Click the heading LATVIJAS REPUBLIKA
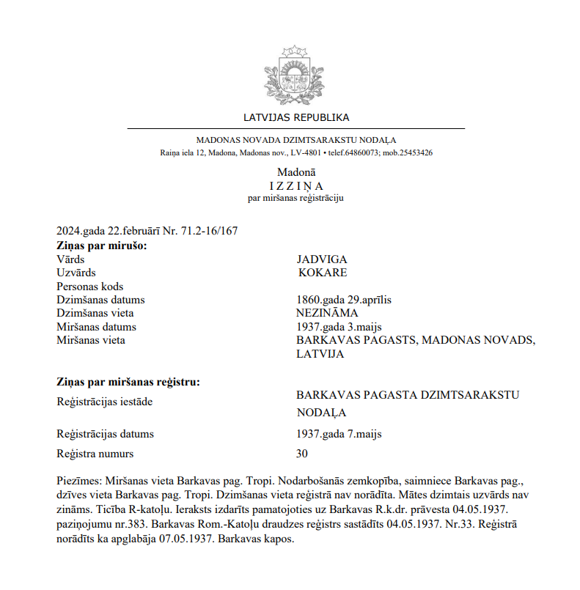pyautogui.click(x=296, y=117)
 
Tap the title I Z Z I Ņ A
pyautogui.click(x=295, y=185)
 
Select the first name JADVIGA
pyautogui.click(x=322, y=259)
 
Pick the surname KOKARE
pyautogui.click(x=323, y=273)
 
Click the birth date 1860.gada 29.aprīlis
pyautogui.click(x=344, y=300)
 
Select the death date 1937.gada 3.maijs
pyautogui.click(x=338, y=327)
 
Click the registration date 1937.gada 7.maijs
pyautogui.click(x=339, y=434)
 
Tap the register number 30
pyautogui.click(x=302, y=454)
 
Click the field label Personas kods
pyautogui.click(x=90, y=287)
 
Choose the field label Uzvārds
pyautogui.click(x=76, y=273)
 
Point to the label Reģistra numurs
pyautogui.click(x=95, y=454)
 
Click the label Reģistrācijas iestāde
pyautogui.click(x=105, y=402)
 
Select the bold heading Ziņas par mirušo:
pyautogui.click(x=102, y=246)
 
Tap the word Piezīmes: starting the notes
pyautogui.click(x=80, y=482)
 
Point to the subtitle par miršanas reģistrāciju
pyautogui.click(x=296, y=198)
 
